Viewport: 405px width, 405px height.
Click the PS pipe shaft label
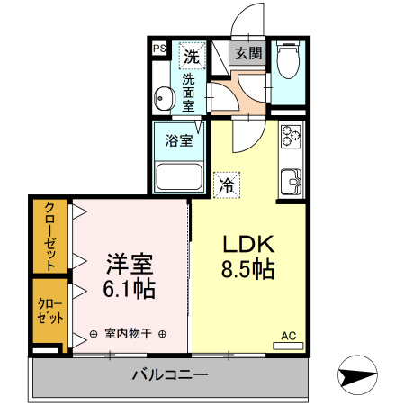click(x=159, y=49)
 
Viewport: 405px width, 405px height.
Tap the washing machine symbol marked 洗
click(x=192, y=56)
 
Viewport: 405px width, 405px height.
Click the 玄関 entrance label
click(x=248, y=53)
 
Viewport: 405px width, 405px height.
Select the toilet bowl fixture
click(x=288, y=59)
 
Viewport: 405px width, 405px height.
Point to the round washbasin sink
click(x=165, y=98)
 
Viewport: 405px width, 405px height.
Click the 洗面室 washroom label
click(x=188, y=93)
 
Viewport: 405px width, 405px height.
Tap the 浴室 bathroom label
click(x=179, y=140)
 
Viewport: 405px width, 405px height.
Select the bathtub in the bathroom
click(x=179, y=176)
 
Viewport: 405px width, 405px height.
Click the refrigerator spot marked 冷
click(x=227, y=185)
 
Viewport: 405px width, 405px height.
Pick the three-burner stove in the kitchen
click(x=291, y=136)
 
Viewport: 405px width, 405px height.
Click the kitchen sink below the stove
click(x=291, y=182)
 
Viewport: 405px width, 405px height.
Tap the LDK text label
click(x=248, y=244)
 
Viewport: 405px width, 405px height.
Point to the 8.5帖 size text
click(x=247, y=269)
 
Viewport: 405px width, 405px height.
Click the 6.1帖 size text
click(x=130, y=289)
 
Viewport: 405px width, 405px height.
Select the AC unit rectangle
click(x=288, y=346)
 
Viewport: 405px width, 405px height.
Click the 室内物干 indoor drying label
click(x=128, y=334)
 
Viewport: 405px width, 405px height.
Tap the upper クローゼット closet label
click(x=49, y=236)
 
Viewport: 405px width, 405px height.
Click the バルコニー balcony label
click(x=170, y=374)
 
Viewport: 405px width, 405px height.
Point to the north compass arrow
click(x=357, y=375)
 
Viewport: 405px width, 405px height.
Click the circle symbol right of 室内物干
click(x=162, y=334)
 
